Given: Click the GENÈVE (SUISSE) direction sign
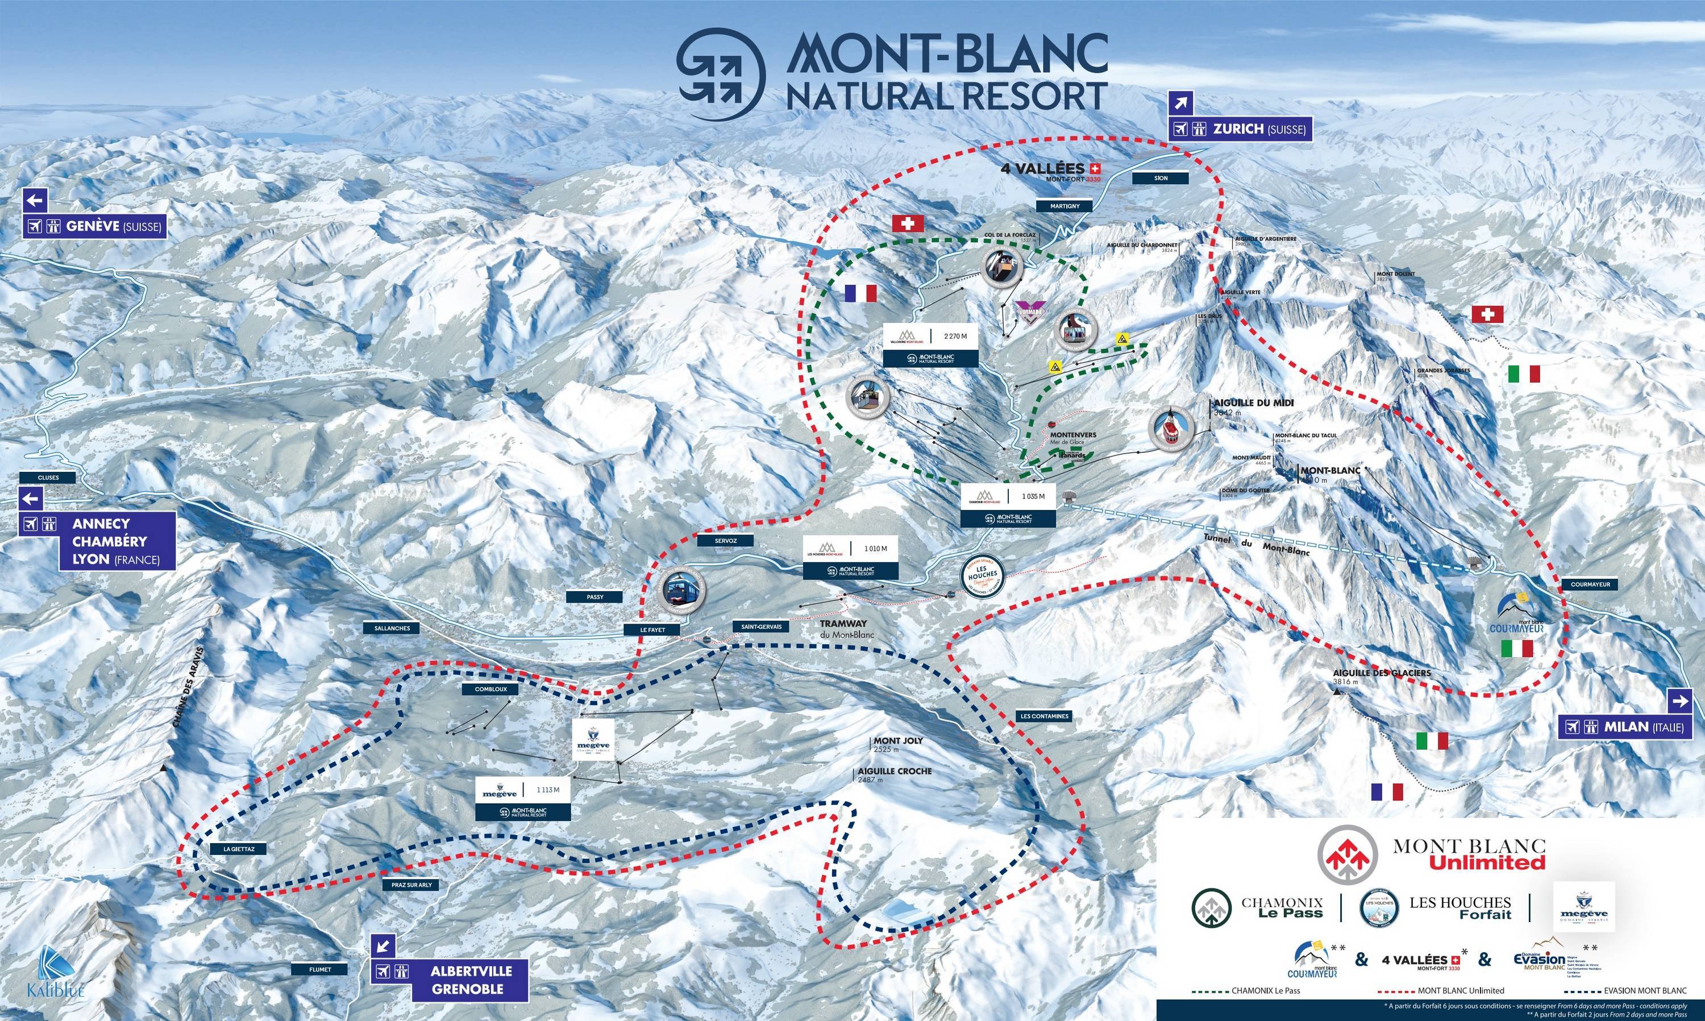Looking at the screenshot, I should (x=95, y=226).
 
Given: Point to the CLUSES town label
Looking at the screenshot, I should (x=48, y=478).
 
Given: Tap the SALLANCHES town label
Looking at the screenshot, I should (x=392, y=628).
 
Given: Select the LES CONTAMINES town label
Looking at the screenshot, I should (x=1044, y=716).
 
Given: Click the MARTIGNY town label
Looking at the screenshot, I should (x=1064, y=206).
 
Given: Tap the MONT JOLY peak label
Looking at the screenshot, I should (x=897, y=741).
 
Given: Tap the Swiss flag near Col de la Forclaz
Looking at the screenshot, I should (x=907, y=223).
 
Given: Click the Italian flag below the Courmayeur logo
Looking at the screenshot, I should (x=1517, y=648).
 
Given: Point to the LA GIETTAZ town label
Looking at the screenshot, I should (x=239, y=849).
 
